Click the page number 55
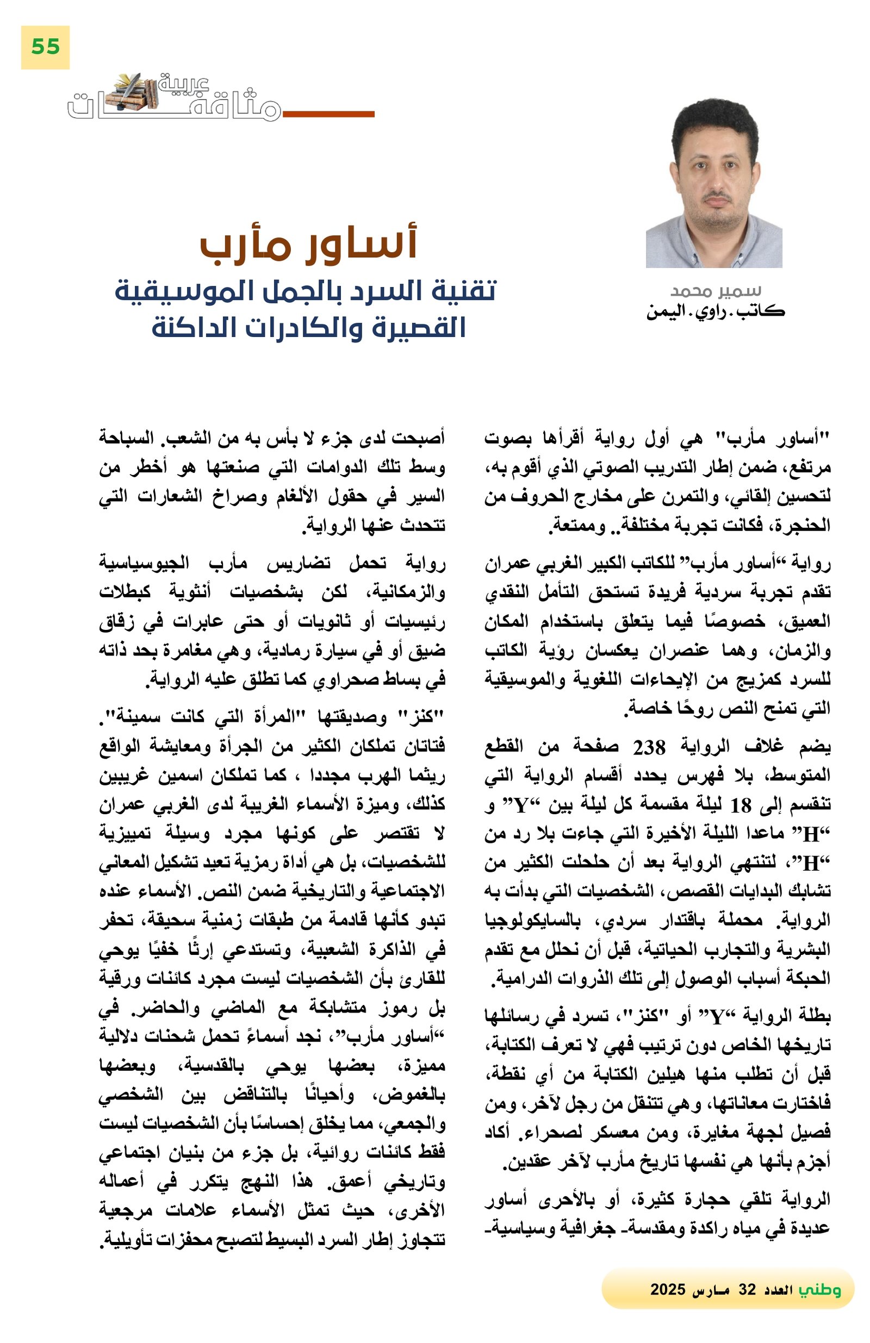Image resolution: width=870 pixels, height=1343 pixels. (x=45, y=47)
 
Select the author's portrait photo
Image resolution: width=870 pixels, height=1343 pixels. (x=713, y=183)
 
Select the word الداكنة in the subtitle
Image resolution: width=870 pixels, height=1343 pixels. (x=190, y=327)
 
